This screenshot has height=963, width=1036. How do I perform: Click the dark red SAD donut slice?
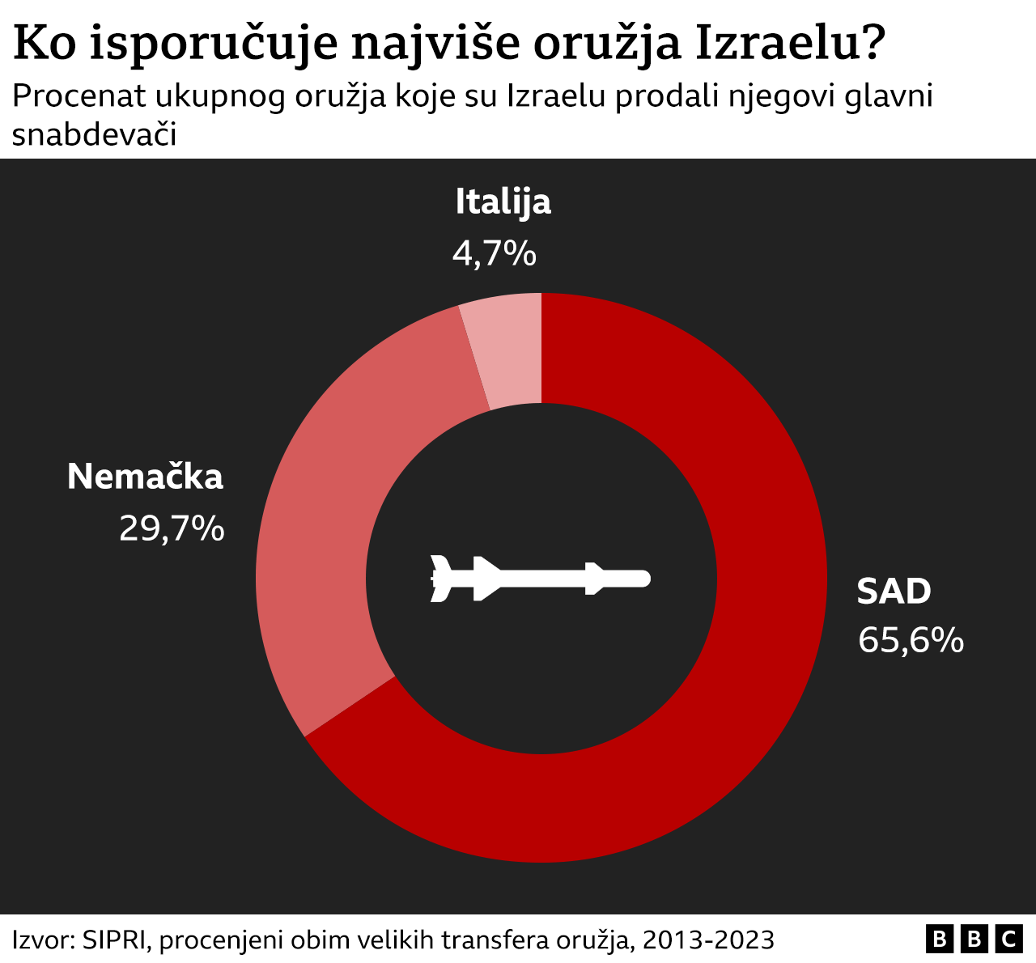[728, 688]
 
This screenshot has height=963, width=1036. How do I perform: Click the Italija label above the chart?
[503, 202]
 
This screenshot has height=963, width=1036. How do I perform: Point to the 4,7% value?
[494, 254]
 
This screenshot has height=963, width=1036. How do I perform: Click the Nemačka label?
[145, 477]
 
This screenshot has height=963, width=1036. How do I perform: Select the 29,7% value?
[172, 529]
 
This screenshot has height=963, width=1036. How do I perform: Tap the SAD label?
[894, 592]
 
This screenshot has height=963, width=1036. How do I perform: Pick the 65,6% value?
[911, 640]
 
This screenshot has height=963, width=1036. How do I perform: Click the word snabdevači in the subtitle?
[94, 135]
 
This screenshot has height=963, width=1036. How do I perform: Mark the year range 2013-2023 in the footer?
[708, 940]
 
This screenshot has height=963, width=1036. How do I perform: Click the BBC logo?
[974, 939]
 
